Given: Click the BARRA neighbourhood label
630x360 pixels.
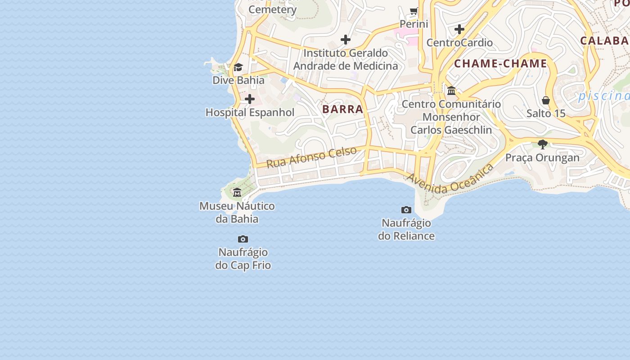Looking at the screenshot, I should pos(342,109).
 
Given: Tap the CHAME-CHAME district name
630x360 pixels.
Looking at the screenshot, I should pos(500,63).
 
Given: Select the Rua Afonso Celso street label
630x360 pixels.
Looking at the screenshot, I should pos(312,157).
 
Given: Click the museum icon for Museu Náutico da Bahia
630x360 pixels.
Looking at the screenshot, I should pos(237,193).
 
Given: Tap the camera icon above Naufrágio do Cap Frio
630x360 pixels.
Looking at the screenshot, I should pos(243,239).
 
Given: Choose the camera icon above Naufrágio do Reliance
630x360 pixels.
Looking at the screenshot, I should pos(406,210).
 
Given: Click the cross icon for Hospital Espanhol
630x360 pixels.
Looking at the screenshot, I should pos(250,99).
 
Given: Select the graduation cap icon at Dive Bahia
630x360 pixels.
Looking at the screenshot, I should pos(238,67).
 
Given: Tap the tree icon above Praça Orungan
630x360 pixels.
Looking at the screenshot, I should pos(543,144).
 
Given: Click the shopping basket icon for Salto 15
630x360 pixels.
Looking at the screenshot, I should pos(546,100).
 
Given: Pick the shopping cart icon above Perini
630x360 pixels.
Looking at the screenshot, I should pos(414,11).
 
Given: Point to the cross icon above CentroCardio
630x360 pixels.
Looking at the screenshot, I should pos(459,30).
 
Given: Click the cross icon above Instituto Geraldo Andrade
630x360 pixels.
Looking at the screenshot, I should pos(346,40).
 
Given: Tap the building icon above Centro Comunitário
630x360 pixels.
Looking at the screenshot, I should pos(451,91).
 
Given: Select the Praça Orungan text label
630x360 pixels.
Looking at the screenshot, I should pos(542,158).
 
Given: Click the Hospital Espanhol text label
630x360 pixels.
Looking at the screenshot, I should pos(250,112).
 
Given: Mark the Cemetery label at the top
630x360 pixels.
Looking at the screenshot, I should pos(272,9).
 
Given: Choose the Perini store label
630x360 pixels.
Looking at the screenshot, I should pos(414,24).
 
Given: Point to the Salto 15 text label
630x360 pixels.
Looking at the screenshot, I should pos(546,113).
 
